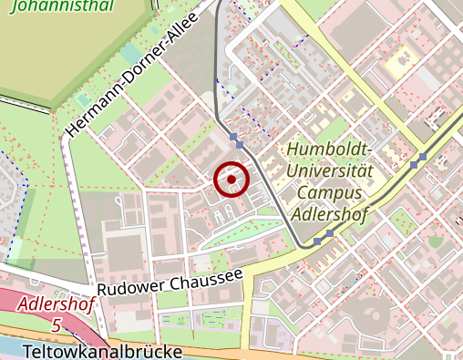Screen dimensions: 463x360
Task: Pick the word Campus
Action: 330,193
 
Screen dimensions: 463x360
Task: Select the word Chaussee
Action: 206,276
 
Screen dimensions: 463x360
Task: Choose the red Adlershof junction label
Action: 55,303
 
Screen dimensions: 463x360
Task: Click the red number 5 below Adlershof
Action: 57,324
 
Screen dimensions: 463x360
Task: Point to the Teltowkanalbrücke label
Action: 103,351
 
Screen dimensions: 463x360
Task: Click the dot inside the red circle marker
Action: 231,180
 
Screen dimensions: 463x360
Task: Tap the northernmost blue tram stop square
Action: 234,138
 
